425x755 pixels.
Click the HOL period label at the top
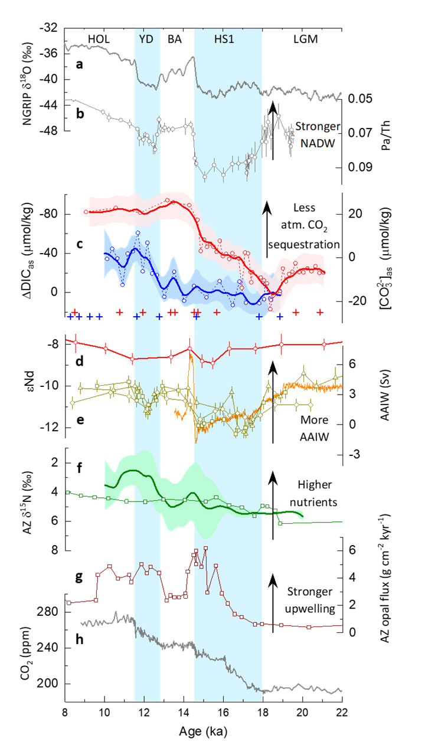point(99,39)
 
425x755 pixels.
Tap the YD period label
point(146,39)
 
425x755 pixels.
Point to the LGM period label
point(305,39)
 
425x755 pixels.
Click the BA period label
point(175,39)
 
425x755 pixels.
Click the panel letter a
point(79,64)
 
